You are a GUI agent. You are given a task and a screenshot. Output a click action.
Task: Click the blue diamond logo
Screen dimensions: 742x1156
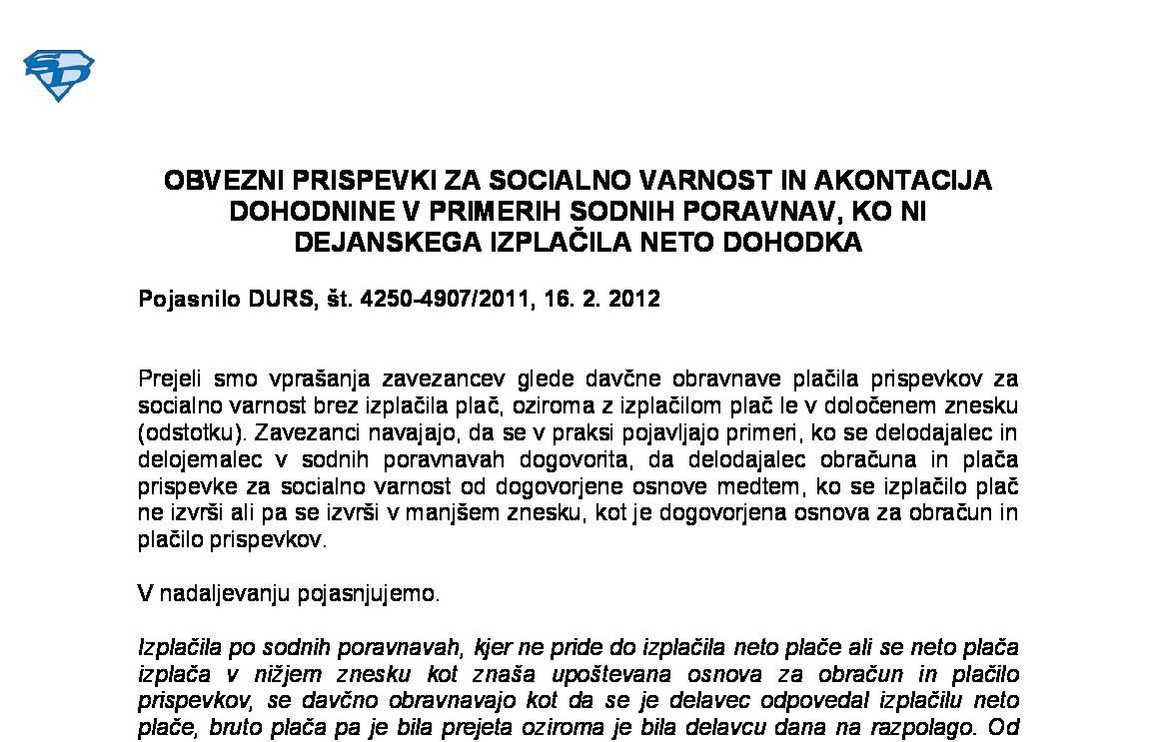[58, 75]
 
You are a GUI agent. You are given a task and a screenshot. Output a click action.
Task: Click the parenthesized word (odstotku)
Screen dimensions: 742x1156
[184, 432]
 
